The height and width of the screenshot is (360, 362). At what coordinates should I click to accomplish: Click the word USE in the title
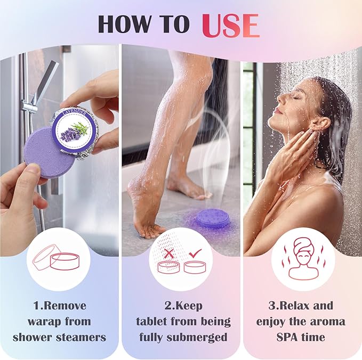click(230, 24)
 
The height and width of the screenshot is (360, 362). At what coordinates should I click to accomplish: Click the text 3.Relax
click(286, 306)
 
